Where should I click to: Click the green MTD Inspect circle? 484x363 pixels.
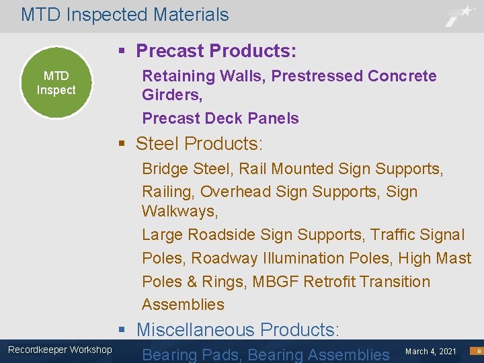[x=56, y=83]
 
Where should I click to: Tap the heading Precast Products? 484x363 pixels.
[x=216, y=51]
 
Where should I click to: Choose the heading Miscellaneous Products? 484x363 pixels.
[x=238, y=329]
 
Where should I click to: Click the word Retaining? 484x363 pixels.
[x=171, y=76]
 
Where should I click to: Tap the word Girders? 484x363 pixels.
[x=168, y=95]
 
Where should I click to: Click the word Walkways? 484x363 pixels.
[x=178, y=212]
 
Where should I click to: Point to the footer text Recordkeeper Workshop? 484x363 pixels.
[x=60, y=349]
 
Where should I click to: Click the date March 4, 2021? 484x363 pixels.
[x=431, y=351]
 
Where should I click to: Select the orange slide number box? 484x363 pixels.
[x=476, y=351]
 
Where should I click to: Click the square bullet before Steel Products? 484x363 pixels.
[x=122, y=144]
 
